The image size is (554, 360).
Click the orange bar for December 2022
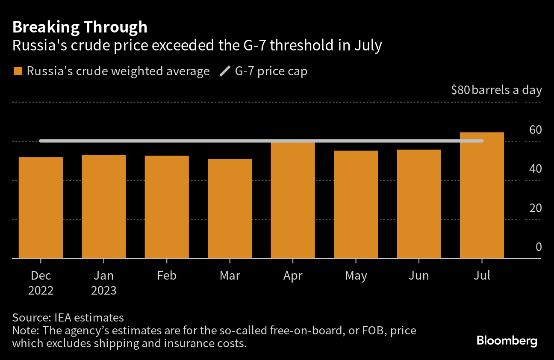pos(41,208)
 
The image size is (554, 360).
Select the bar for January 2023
pos(104,207)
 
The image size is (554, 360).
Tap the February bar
pos(167,207)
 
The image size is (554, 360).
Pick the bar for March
pos(230,209)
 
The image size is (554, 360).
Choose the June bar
pos(418,204)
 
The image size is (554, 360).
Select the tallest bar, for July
pos(482,195)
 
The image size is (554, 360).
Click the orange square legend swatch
pos(18,71)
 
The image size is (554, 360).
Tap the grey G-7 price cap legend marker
pos(224,71)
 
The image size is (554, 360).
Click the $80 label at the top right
pos(460,90)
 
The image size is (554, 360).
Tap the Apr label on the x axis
pos(293,276)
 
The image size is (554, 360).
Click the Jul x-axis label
pos(482,276)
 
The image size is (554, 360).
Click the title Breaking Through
pos(80,27)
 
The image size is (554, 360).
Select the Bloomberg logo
pos(507,341)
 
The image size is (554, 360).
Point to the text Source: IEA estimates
pos(68,318)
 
